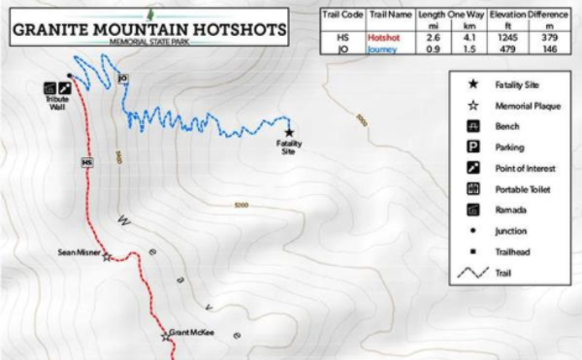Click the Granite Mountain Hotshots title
coord(149,29)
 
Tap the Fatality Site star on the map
coord(289,132)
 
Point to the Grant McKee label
coord(191,333)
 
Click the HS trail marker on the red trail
coord(86,161)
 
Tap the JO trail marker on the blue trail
coord(122,78)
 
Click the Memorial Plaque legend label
coord(528,105)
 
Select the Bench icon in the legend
coord(473,126)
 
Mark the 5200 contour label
coord(242,205)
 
